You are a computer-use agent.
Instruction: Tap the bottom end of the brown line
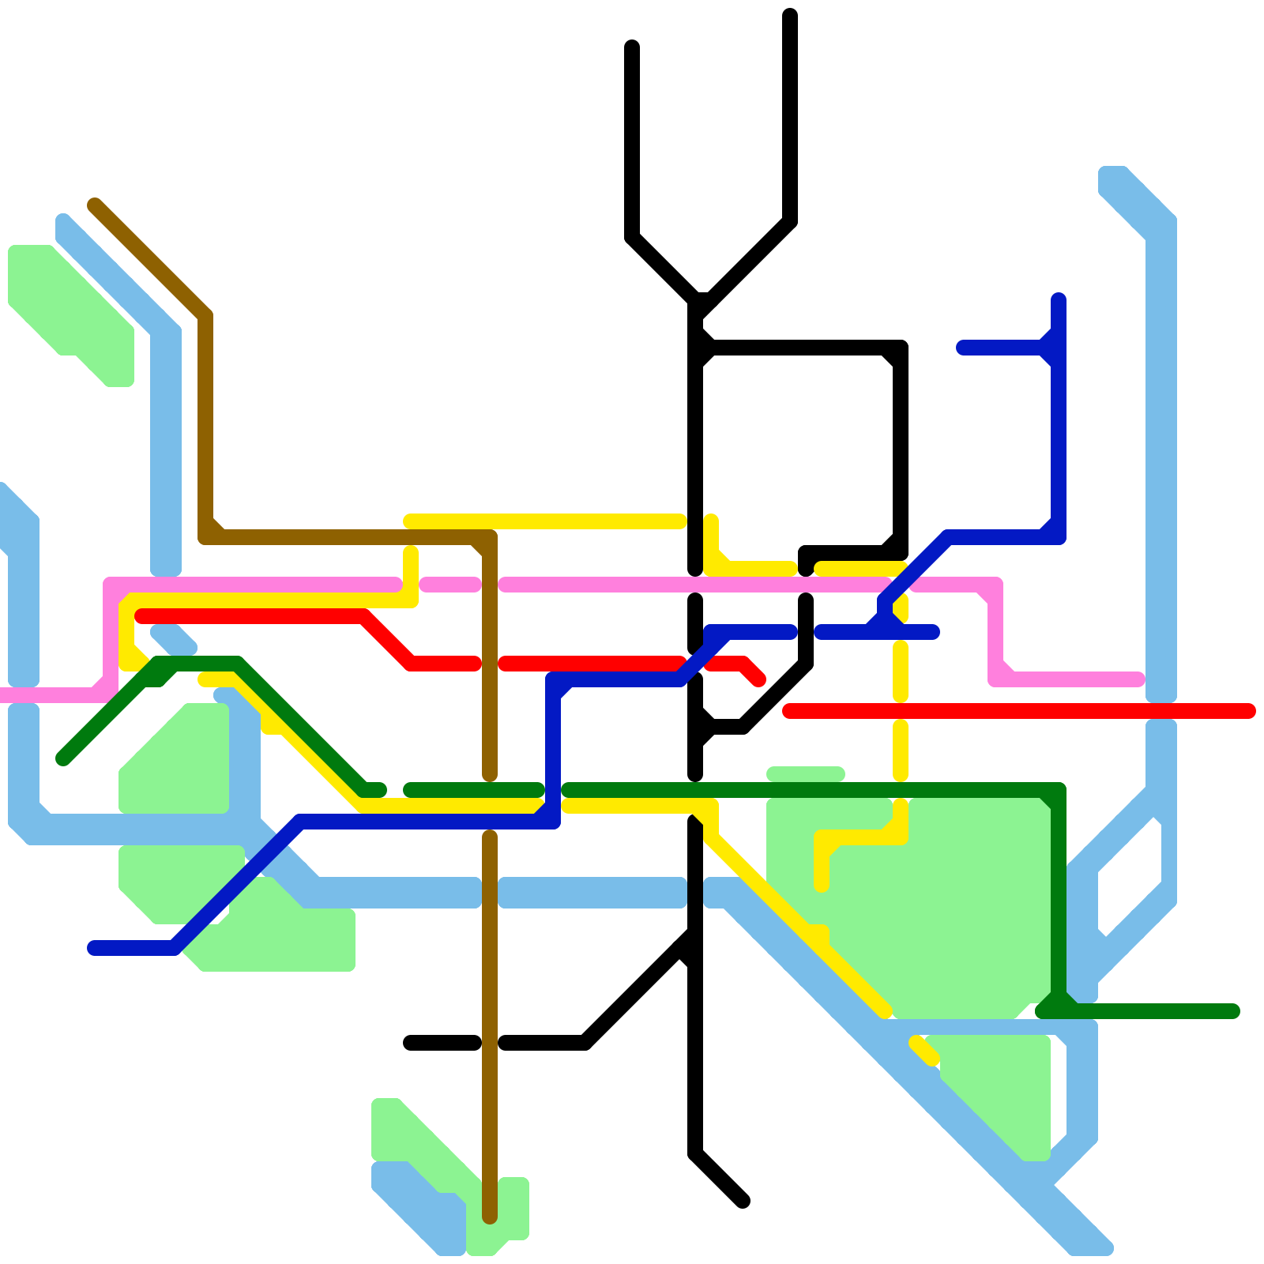490,1217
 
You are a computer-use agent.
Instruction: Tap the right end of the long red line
1248,711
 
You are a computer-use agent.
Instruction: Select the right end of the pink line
1138,679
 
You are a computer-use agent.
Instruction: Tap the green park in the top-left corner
67,308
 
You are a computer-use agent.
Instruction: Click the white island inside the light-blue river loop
1130,877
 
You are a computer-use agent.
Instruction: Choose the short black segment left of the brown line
442,1043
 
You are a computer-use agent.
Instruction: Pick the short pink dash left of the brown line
450,585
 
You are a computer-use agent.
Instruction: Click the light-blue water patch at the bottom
419,1205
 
